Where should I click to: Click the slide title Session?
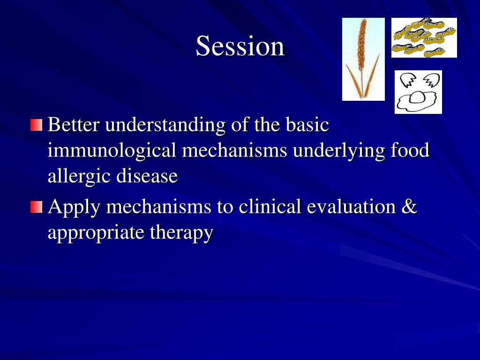tap(240, 46)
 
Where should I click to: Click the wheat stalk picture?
tap(363, 59)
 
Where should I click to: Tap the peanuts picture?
tap(424, 37)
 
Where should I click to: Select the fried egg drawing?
tap(418, 92)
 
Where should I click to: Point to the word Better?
tap(74, 125)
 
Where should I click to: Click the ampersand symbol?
tap(409, 206)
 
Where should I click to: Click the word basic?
tap(307, 125)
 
